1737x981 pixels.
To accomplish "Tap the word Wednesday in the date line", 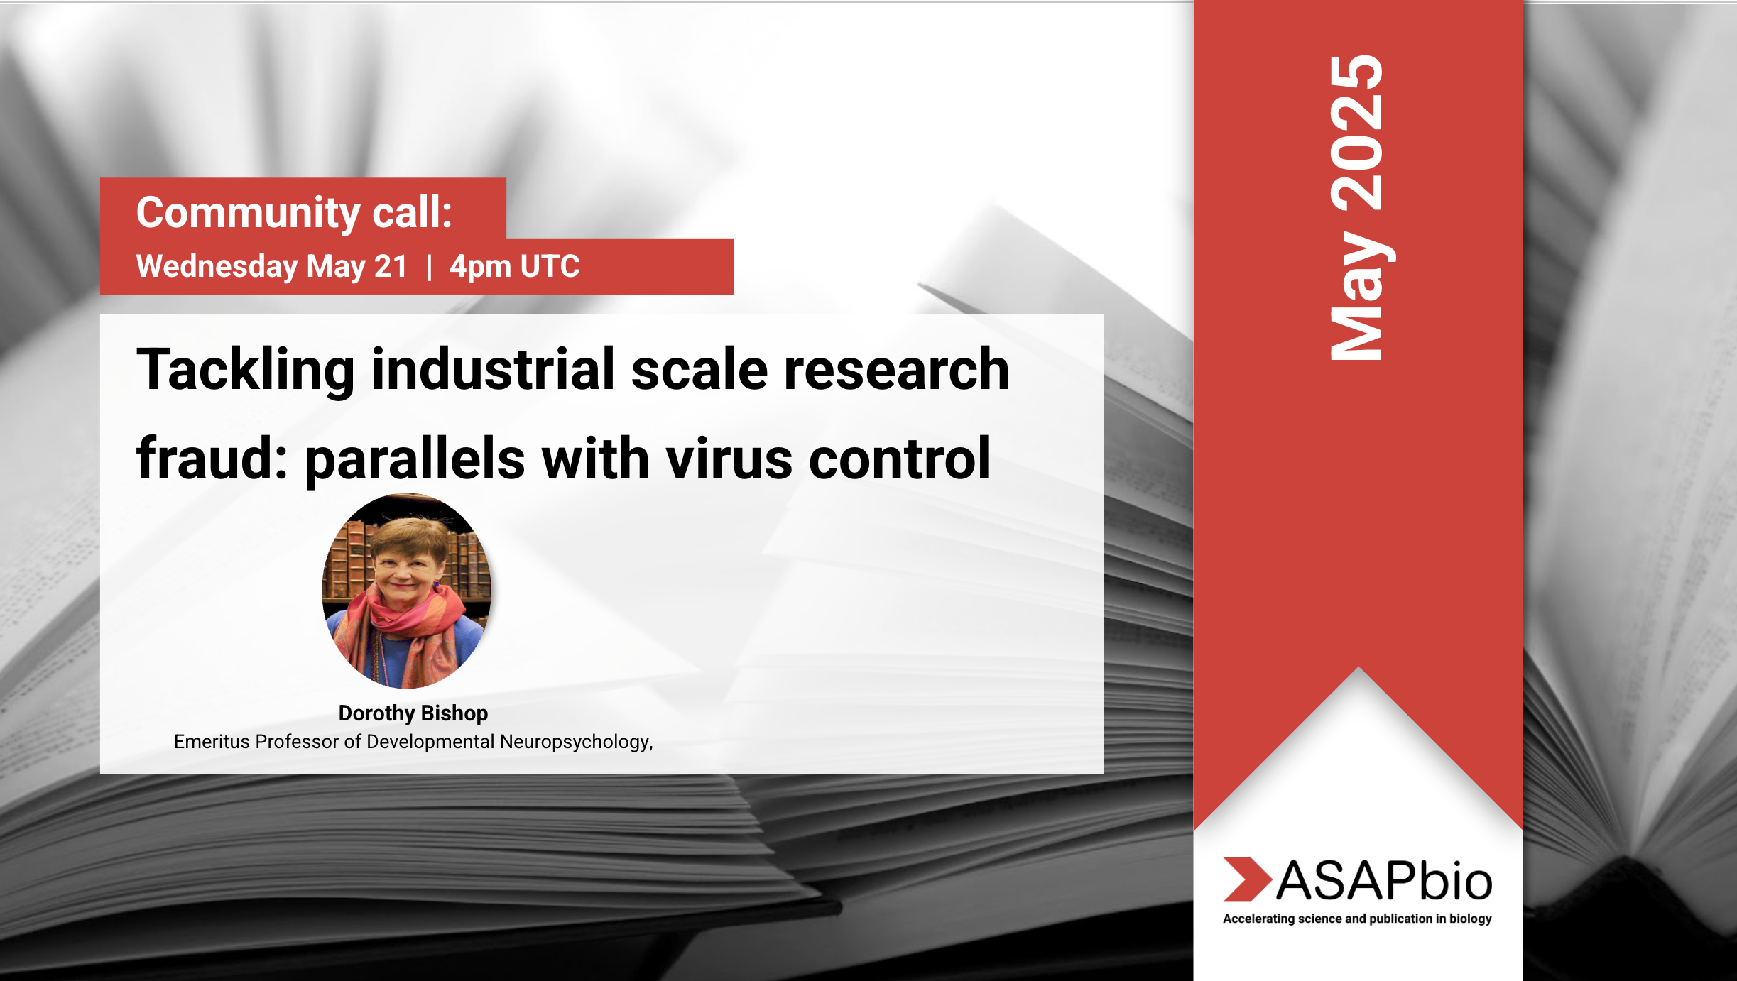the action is [217, 267].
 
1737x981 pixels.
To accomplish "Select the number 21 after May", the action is [391, 267].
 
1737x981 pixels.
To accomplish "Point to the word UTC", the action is [550, 267].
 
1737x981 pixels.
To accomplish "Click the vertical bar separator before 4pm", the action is [430, 268].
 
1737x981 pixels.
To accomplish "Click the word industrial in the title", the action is [493, 369].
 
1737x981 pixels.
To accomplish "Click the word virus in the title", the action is [729, 459].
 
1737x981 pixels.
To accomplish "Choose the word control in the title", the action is [900, 459].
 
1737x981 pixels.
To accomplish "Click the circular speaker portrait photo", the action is [407, 591].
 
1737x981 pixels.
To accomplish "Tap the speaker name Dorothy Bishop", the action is [413, 713].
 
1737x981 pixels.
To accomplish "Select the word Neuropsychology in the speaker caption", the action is [576, 742].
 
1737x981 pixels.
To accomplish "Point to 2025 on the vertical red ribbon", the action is [1357, 133].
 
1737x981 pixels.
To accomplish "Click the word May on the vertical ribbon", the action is [1360, 295].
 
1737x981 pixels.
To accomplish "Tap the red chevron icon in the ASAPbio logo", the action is [1247, 879].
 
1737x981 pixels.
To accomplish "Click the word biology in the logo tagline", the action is [1471, 919].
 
